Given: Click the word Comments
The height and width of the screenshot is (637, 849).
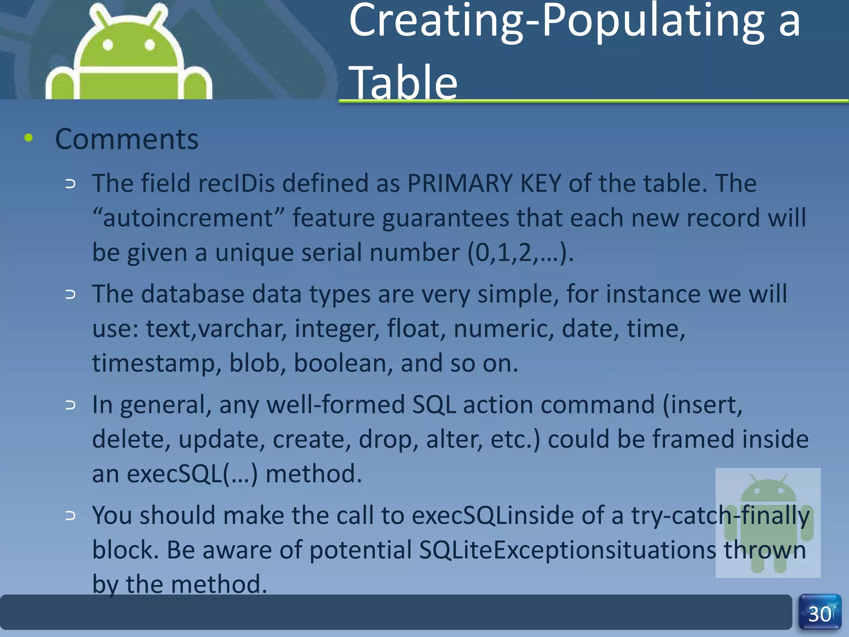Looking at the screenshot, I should pos(126,139).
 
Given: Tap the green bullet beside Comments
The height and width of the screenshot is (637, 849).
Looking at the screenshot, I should pos(28,138).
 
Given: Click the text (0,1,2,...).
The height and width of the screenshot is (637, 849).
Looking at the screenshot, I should pos(520,252).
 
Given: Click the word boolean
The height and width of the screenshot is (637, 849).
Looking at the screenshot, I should pos(343,363).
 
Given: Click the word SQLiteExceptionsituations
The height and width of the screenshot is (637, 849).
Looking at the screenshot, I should pos(568,550).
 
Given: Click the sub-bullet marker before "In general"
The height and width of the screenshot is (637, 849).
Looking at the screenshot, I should pos(70,405).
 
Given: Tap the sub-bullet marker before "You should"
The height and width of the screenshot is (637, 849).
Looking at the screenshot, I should pos(70,515).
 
